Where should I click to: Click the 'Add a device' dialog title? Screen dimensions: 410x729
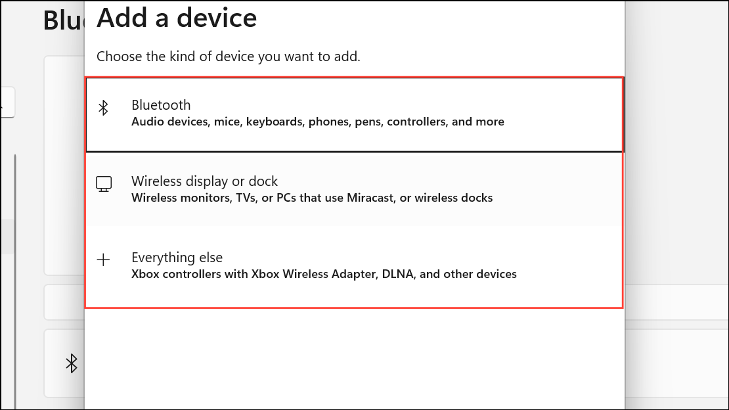(176, 18)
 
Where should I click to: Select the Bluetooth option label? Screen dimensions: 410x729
(161, 105)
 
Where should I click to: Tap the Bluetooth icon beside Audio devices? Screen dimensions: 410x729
(103, 108)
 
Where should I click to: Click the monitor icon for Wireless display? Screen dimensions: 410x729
(104, 184)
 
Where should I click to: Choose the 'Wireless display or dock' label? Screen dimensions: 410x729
(204, 181)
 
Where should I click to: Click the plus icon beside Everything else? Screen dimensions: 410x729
(104, 260)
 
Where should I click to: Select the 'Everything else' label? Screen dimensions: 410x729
(177, 258)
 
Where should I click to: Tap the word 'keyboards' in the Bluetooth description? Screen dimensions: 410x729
(271, 122)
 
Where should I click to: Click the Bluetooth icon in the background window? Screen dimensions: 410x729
(72, 363)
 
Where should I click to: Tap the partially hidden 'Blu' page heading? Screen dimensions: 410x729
(64, 20)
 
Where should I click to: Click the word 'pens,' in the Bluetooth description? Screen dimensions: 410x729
(370, 122)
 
